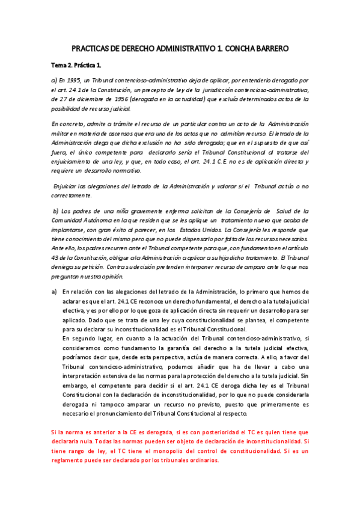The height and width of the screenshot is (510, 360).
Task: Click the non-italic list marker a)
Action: coord(55,292)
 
